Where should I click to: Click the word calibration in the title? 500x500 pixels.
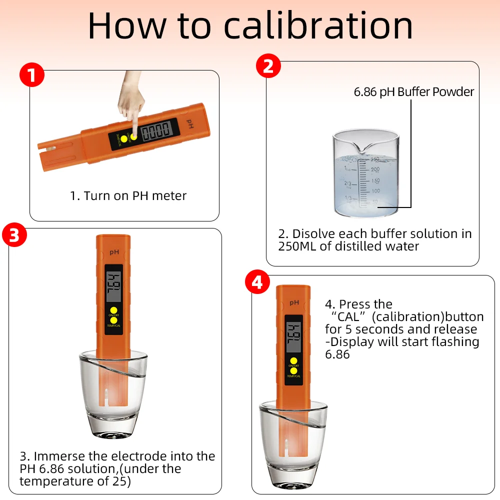point(318,25)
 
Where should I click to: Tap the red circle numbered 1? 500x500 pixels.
point(32,75)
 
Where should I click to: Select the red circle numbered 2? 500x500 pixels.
point(268,66)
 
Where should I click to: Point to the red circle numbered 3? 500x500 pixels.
point(14,235)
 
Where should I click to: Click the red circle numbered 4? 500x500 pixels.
point(257,282)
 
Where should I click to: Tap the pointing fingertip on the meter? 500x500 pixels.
point(134,135)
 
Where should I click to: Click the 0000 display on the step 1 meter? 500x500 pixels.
point(156,130)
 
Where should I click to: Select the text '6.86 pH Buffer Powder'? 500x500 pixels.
point(414,92)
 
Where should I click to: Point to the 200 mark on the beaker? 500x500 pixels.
point(375,169)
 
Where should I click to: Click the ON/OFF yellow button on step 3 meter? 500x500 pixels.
point(113,310)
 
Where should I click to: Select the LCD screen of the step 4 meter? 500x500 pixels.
point(293,337)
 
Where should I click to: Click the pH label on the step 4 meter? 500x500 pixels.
point(294,302)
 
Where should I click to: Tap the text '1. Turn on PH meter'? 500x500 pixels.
point(128,196)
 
